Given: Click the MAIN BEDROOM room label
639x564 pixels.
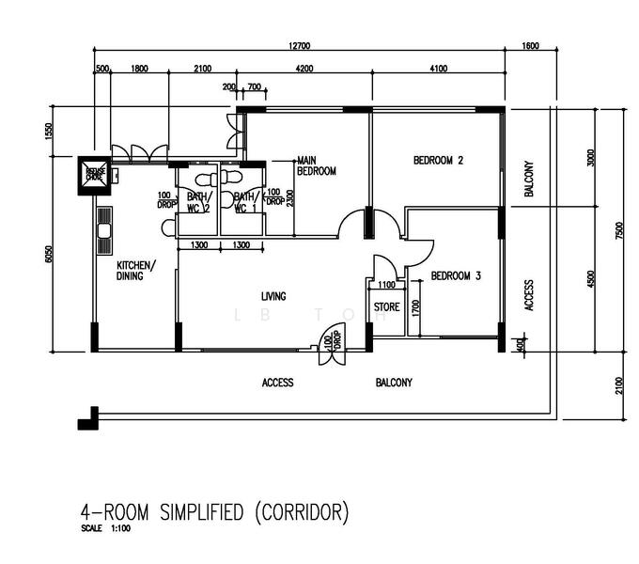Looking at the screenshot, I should (316, 165).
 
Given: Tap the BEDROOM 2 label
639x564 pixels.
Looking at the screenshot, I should (439, 161).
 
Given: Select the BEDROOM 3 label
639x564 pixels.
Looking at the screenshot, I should (456, 276).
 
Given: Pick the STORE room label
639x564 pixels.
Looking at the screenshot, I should (386, 307).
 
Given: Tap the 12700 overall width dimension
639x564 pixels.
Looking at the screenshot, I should (299, 45).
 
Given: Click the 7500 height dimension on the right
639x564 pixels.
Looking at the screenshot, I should (618, 231).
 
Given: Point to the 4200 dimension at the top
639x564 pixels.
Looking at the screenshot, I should (304, 69).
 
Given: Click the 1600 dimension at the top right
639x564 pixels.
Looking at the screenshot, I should (530, 45).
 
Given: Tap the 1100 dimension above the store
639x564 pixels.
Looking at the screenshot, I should (386, 284).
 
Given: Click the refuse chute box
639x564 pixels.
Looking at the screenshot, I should (94, 174).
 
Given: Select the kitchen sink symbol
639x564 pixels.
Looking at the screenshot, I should (104, 225).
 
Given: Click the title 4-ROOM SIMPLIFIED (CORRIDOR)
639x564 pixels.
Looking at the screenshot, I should (214, 512).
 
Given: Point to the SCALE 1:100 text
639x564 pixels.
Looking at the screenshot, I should (106, 530).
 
